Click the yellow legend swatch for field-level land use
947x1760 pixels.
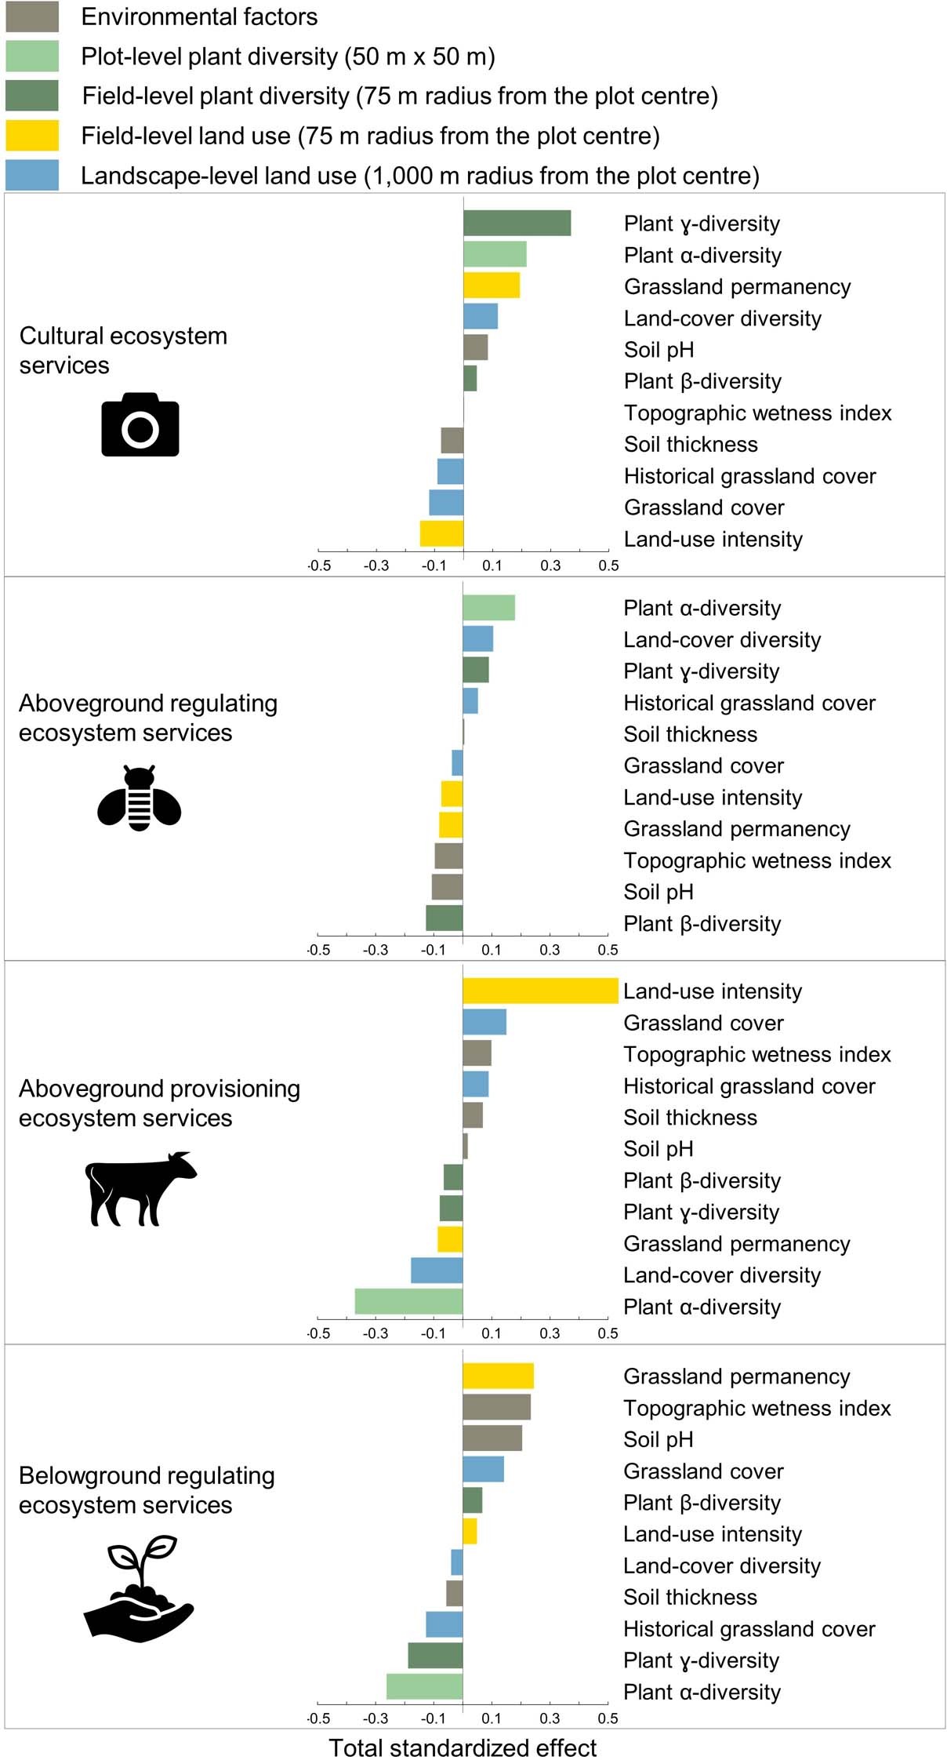tap(32, 136)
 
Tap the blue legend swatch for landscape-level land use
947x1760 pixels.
tap(32, 176)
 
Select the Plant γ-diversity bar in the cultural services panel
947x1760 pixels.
tap(517, 224)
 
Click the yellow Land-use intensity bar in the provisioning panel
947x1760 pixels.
tap(540, 991)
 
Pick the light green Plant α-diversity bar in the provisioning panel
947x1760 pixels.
tap(408, 1301)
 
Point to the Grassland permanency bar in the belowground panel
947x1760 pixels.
tap(498, 1376)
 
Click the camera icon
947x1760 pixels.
tap(140, 425)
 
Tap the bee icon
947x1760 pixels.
tap(140, 798)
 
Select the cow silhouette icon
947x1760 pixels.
tap(140, 1188)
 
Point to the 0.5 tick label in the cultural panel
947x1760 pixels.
tap(608, 565)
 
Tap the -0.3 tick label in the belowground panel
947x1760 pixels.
tap(376, 1718)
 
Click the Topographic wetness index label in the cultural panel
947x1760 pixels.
tap(757, 413)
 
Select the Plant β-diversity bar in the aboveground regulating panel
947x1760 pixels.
tap(444, 918)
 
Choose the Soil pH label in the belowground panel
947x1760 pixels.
tap(658, 1440)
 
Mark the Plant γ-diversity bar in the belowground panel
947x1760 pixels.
tap(435, 1656)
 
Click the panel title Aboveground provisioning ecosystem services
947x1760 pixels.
tap(159, 1103)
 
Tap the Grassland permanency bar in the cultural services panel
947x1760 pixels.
tap(492, 285)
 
